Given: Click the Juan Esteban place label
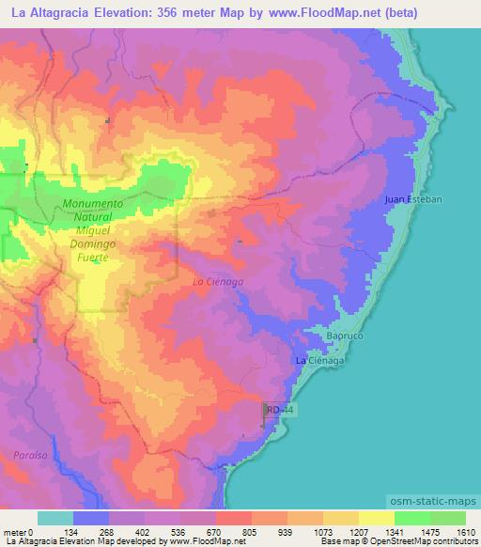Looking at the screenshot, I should tap(412, 199).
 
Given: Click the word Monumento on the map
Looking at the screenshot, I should tap(93, 203).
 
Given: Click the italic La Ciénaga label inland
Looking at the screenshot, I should tap(217, 281).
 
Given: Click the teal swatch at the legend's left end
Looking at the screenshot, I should tap(55, 518).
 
